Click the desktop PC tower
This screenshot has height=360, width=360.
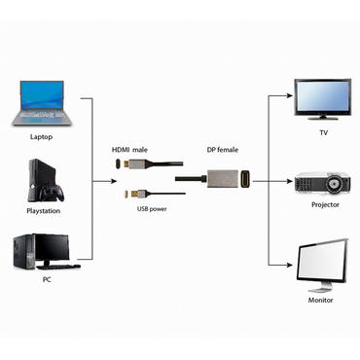pos(26,251)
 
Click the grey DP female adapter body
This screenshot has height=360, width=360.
pos(222,180)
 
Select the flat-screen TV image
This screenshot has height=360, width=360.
pos(323,97)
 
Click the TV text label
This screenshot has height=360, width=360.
pos(323,131)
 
